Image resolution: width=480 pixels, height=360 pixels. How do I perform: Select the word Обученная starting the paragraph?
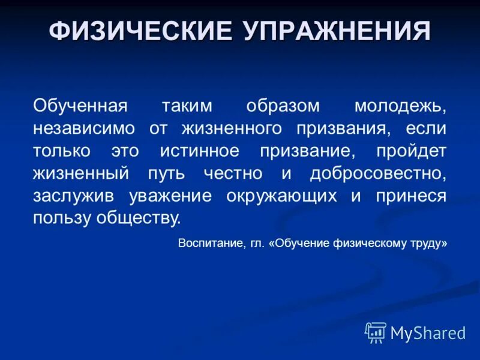(x=80, y=106)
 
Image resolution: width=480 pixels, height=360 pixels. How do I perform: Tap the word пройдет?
(x=411, y=151)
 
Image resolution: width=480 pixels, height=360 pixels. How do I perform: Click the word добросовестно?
(x=378, y=173)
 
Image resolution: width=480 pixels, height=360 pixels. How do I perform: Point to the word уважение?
(x=173, y=196)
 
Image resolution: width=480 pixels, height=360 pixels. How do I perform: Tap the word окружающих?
(x=283, y=196)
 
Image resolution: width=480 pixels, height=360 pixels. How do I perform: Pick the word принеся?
(x=410, y=196)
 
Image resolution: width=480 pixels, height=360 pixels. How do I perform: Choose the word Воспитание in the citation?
(x=210, y=244)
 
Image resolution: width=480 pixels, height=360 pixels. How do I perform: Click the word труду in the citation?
(x=431, y=244)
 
